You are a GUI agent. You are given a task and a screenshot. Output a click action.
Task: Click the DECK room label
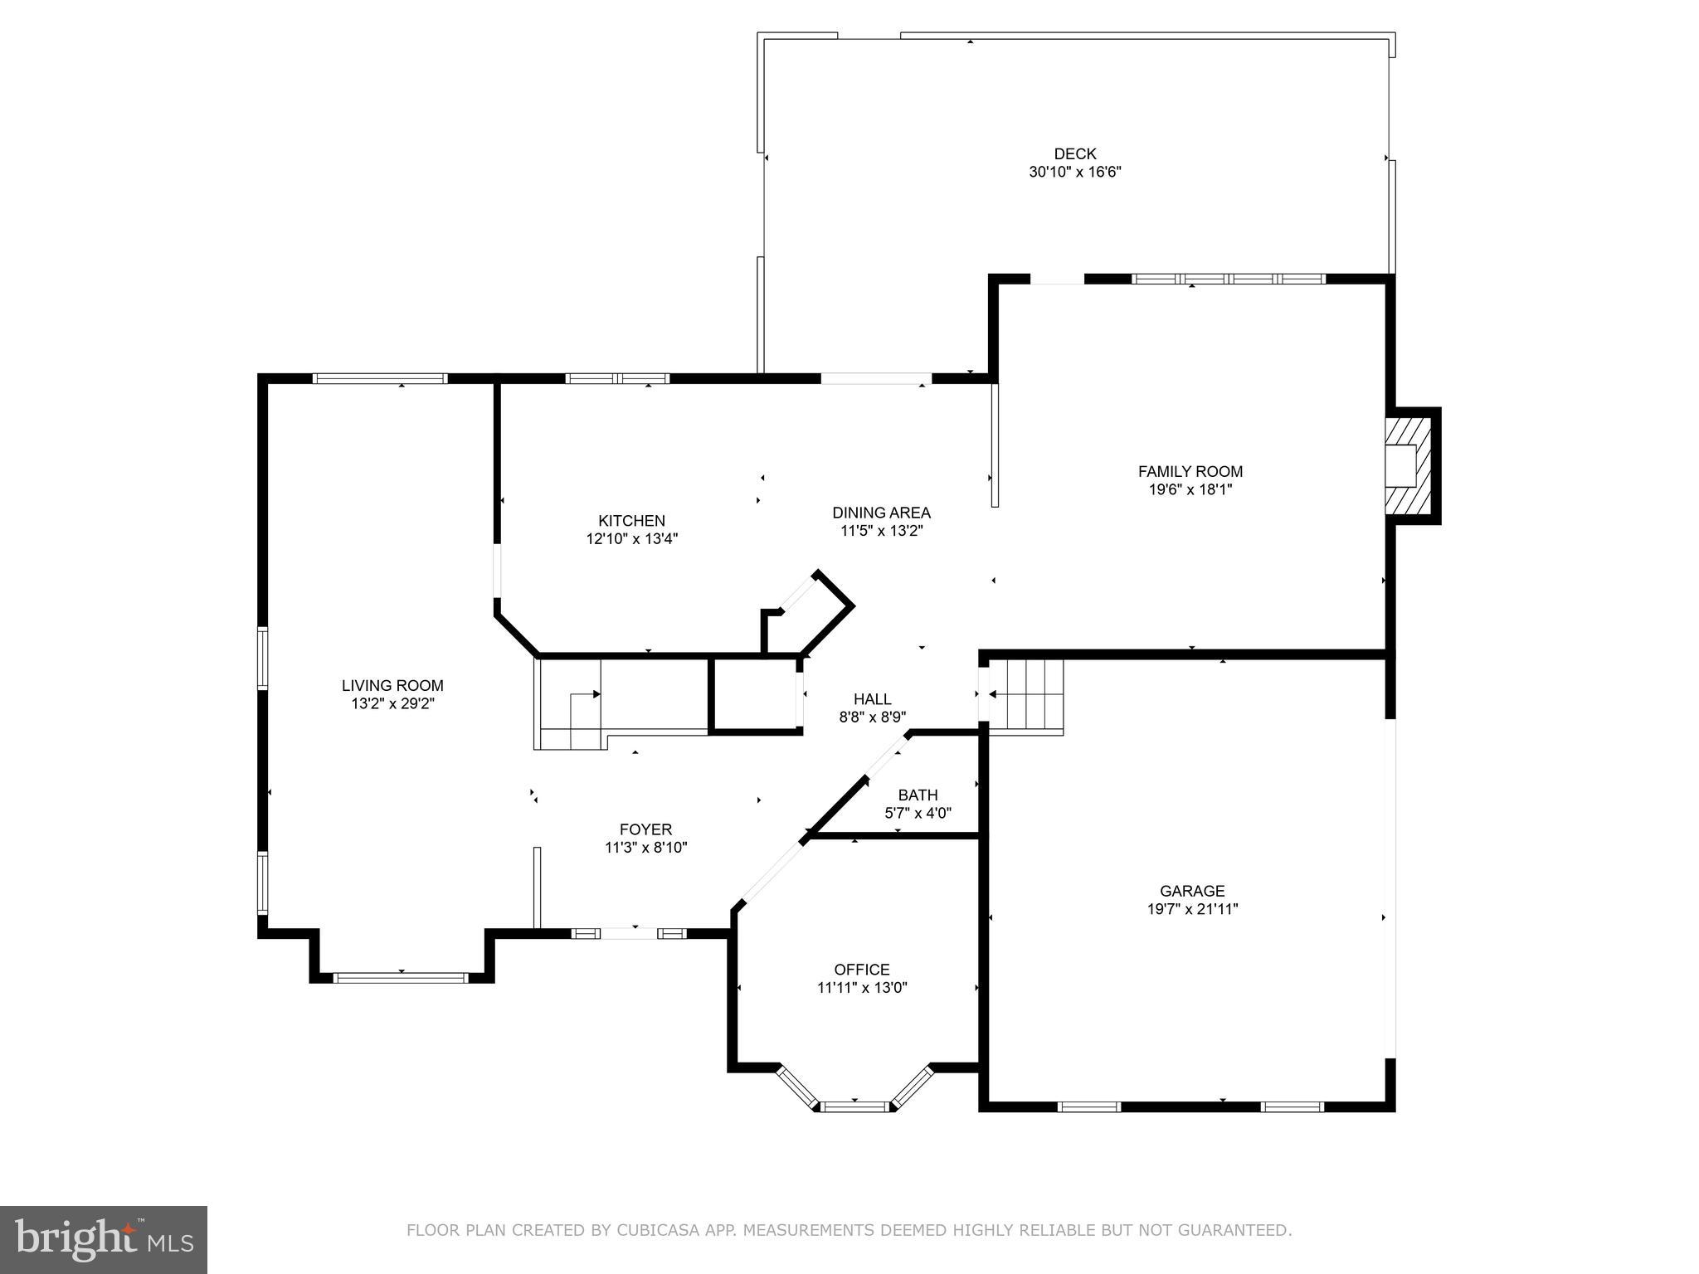[x=1075, y=153]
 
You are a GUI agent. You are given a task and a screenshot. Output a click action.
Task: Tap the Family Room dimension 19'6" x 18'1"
[x=1190, y=489]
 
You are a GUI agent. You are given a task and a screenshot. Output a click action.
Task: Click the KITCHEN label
[x=631, y=521]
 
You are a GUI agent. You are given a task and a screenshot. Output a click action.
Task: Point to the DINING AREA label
[x=881, y=513]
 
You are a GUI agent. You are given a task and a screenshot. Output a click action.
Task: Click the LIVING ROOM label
[x=392, y=685]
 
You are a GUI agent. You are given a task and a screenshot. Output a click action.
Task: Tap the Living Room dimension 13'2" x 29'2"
[x=392, y=703]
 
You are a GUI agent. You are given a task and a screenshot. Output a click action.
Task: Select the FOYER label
[x=645, y=829]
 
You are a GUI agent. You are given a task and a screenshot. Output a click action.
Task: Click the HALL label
[x=872, y=699]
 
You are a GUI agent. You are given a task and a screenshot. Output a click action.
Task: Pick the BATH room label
[x=918, y=795]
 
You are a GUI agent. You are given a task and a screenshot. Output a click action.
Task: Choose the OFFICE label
[x=862, y=969]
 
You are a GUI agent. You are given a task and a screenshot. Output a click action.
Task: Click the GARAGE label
[x=1192, y=891]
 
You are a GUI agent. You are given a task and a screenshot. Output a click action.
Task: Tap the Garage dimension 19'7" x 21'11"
[x=1192, y=909]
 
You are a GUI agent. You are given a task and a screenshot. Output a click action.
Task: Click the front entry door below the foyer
[x=630, y=933]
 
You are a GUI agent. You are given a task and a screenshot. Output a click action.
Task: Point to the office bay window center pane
[x=854, y=1106]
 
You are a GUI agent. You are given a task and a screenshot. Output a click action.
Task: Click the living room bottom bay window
[x=402, y=978]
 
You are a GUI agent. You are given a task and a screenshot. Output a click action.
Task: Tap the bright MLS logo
[x=104, y=1239]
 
